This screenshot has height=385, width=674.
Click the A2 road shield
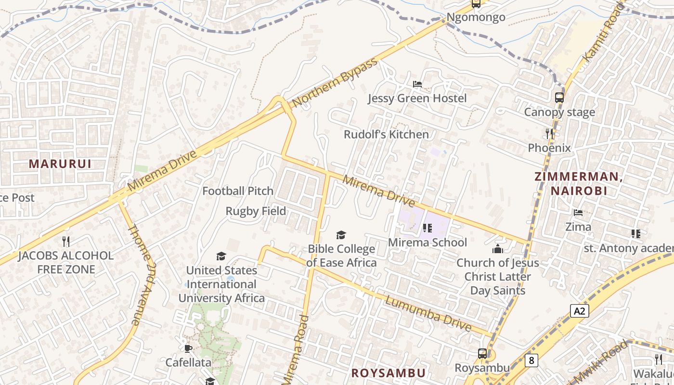click(x=580, y=311)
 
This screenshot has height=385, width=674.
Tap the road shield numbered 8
click(x=531, y=360)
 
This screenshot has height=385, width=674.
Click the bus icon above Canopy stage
click(x=559, y=98)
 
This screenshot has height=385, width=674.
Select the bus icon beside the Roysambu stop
click(x=482, y=354)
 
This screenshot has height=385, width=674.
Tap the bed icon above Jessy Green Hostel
click(x=417, y=84)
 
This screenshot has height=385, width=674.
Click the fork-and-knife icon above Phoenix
click(x=549, y=133)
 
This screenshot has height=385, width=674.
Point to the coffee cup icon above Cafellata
click(x=188, y=348)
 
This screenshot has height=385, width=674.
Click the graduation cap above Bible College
click(x=341, y=235)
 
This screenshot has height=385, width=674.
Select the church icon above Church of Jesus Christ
click(x=497, y=249)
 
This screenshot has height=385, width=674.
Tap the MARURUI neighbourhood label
click(x=60, y=164)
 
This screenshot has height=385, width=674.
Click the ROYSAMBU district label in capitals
click(x=388, y=373)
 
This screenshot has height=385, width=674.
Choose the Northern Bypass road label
click(x=335, y=83)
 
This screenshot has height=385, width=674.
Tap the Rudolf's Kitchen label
click(x=386, y=134)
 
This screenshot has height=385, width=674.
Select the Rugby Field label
click(x=256, y=211)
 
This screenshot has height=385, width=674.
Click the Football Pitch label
click(x=238, y=191)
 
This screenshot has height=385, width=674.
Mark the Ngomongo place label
click(x=476, y=17)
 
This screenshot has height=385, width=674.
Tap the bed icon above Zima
click(x=578, y=213)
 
